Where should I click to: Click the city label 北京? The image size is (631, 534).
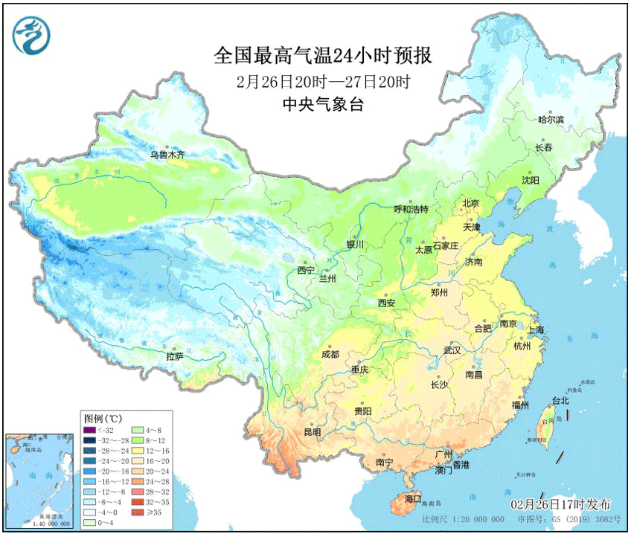(x=470, y=203)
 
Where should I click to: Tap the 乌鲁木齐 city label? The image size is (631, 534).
(x=167, y=155)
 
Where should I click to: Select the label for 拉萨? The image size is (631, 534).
(x=174, y=357)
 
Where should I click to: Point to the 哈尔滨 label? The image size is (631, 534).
(x=551, y=119)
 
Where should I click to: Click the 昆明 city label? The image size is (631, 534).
(x=312, y=432)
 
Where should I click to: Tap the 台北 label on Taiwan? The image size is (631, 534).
(x=560, y=400)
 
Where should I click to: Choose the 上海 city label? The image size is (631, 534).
(x=535, y=329)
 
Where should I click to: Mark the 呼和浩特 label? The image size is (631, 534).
(x=411, y=209)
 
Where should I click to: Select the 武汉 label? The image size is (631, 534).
(x=452, y=350)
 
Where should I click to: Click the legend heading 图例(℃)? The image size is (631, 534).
(x=103, y=417)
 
